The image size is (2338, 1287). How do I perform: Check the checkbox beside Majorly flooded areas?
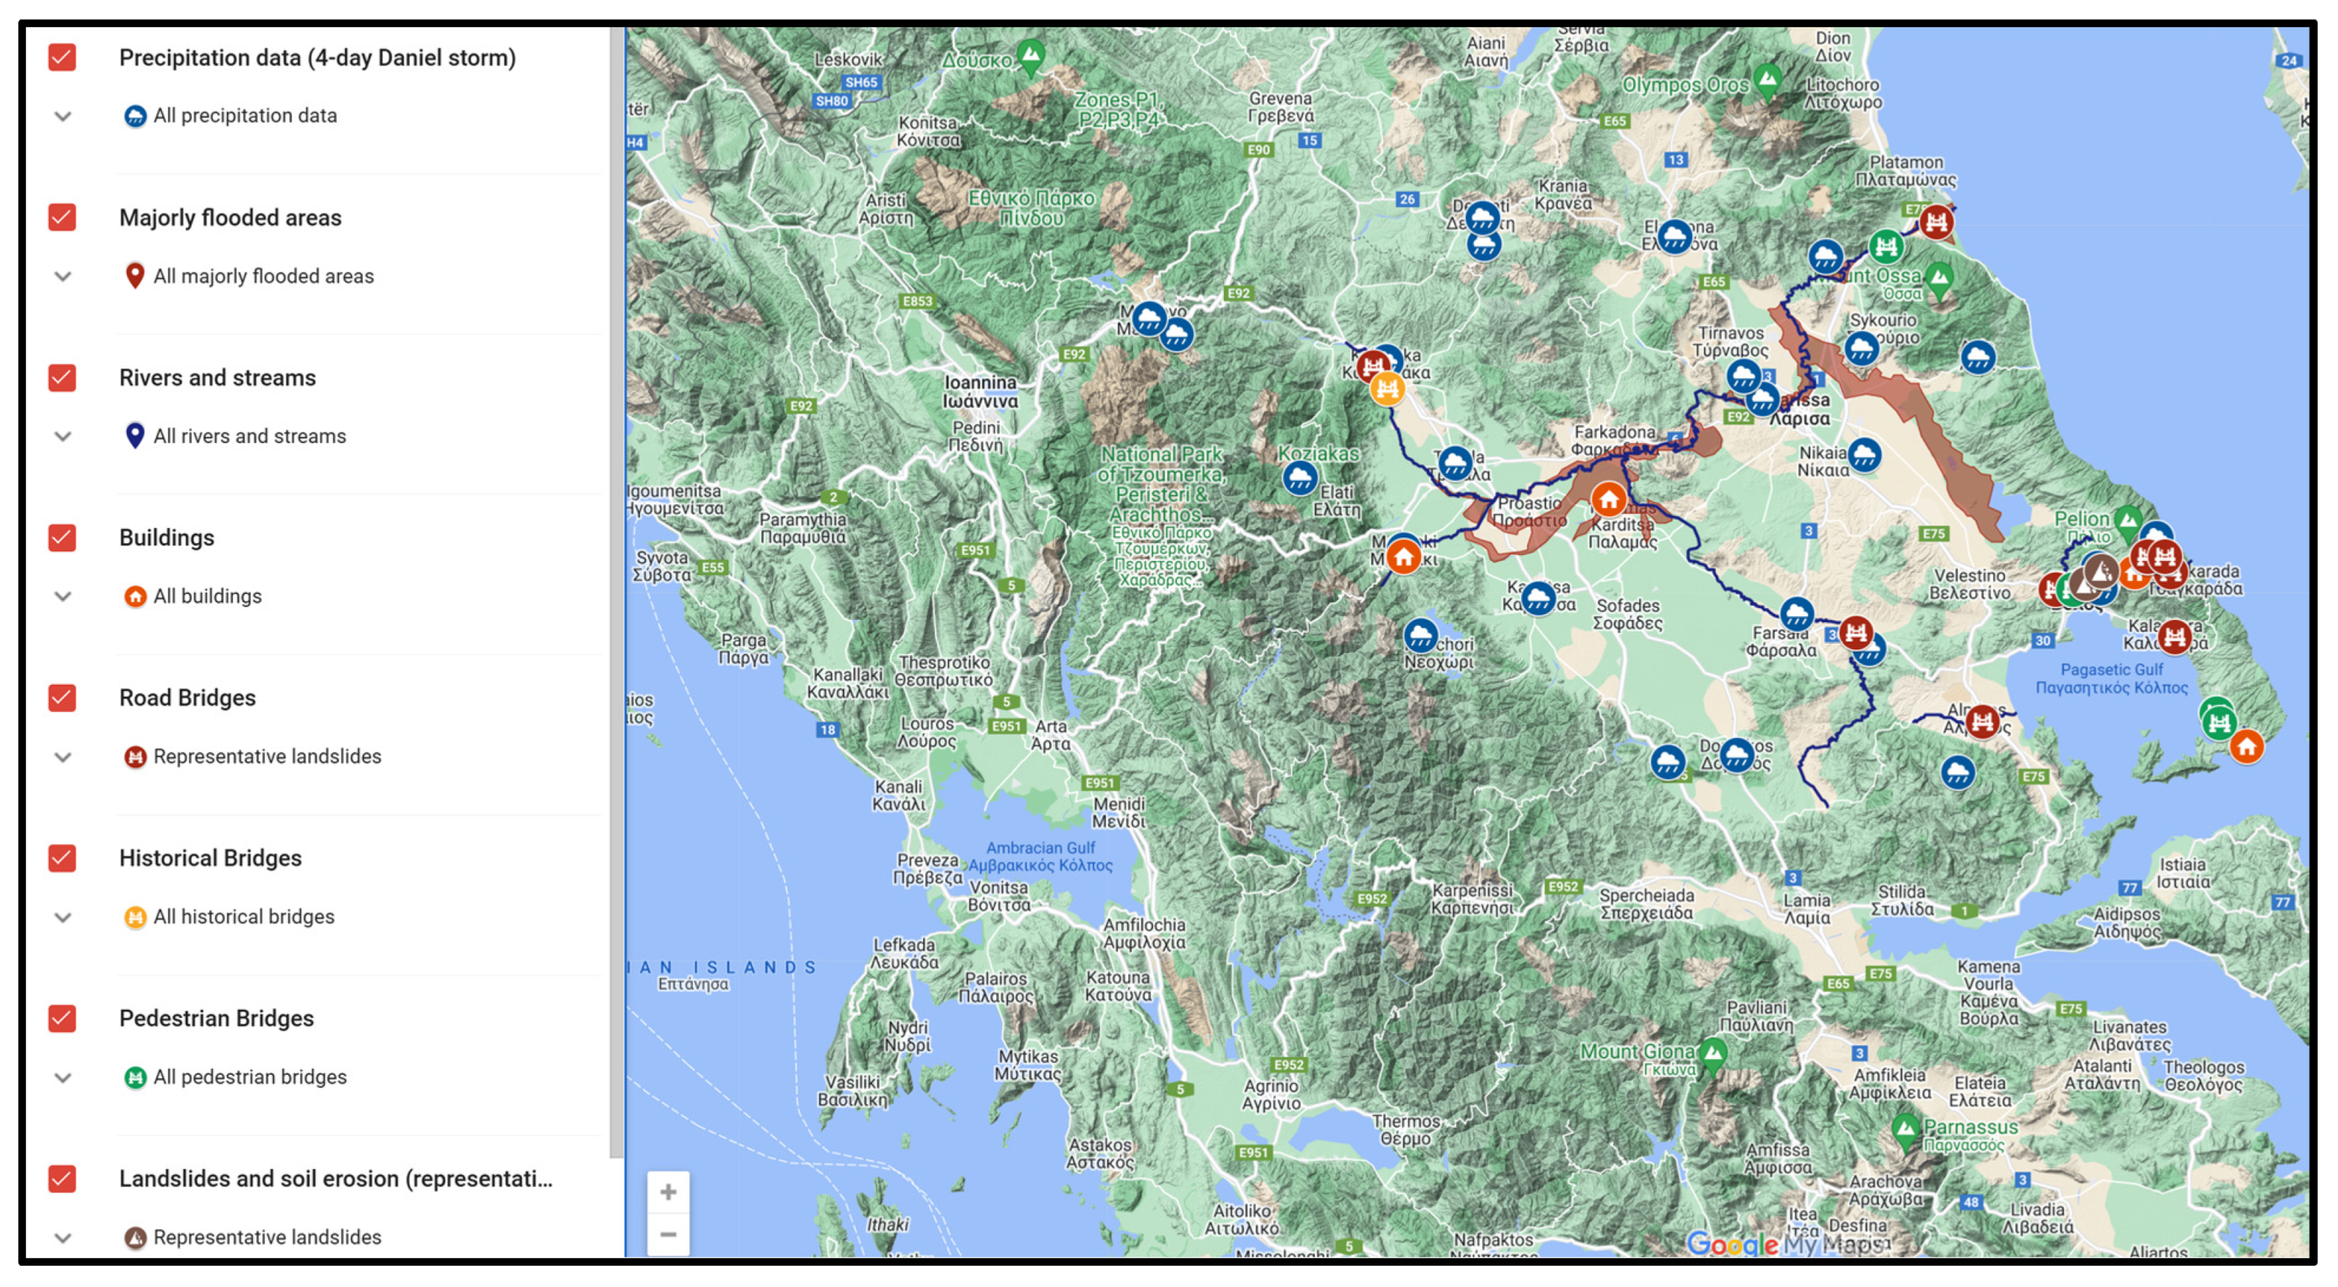point(62,218)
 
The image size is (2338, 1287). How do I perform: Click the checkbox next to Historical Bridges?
point(62,859)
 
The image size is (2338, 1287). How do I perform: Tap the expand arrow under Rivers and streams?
point(63,436)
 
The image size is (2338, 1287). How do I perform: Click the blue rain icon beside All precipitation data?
point(134,116)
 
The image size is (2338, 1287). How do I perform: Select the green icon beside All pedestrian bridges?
point(134,1078)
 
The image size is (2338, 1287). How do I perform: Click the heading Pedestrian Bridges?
point(216,1019)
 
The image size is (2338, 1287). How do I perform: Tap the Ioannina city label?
point(979,392)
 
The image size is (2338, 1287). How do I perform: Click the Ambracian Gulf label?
point(1040,857)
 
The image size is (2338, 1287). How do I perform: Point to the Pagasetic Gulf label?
point(2111,679)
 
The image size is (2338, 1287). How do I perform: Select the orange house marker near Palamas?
point(1608,499)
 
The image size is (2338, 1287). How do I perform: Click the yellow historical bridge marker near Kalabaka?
point(1387,389)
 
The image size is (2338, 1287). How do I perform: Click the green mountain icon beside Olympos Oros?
point(1767,80)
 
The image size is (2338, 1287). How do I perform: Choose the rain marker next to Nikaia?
point(1864,455)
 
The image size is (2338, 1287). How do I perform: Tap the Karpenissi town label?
point(1472,899)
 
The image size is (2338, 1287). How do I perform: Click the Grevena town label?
point(1280,107)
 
